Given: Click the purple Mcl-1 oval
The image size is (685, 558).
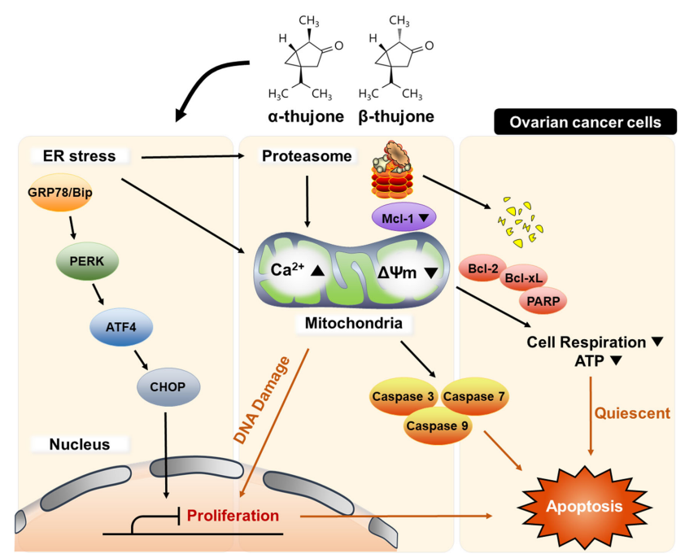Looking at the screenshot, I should pyautogui.click(x=404, y=218).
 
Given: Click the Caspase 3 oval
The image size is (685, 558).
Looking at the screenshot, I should pyautogui.click(x=404, y=398).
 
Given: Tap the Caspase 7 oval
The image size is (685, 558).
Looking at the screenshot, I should pyautogui.click(x=474, y=398).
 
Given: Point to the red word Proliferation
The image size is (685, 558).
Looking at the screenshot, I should pyautogui.click(x=233, y=516).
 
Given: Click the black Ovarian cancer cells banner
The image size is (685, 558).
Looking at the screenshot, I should pyautogui.click(x=585, y=123).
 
